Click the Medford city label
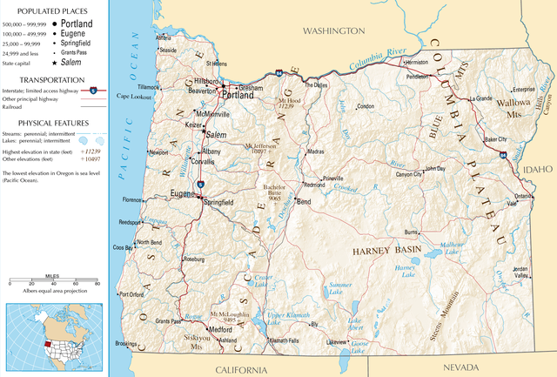[x=222, y=330]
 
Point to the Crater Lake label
[x=263, y=280]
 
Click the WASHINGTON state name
[x=332, y=30]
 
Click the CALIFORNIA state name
[x=235, y=370]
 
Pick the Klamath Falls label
[x=284, y=340]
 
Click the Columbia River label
[x=372, y=60]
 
